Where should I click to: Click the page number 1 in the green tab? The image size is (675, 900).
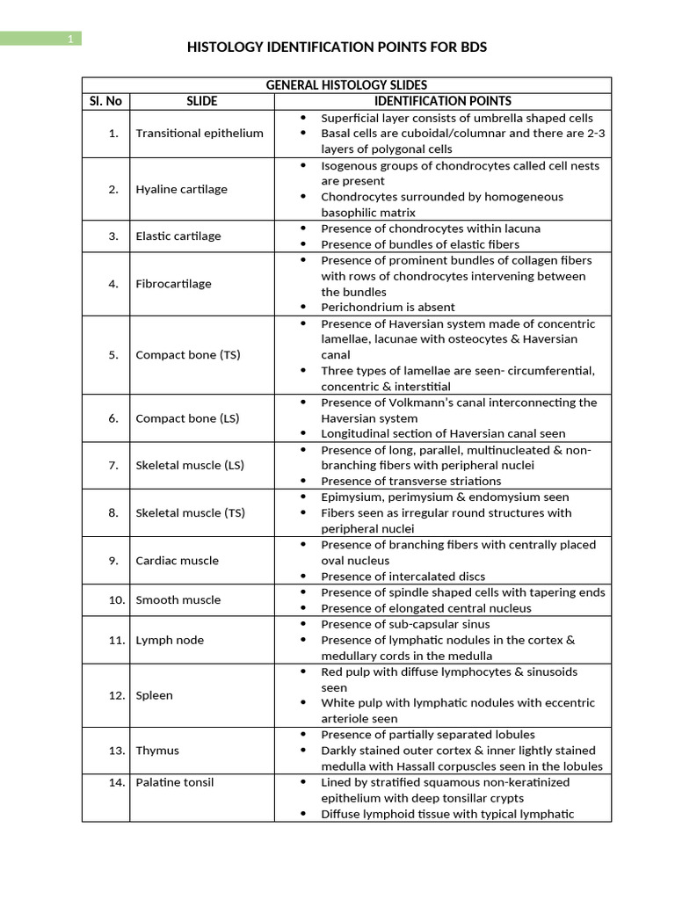click(x=69, y=39)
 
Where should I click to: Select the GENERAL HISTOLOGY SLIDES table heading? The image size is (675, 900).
click(x=346, y=85)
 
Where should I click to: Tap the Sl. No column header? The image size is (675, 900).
click(x=105, y=101)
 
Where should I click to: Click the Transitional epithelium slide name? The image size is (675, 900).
click(x=200, y=133)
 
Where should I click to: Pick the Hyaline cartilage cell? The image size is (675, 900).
click(x=181, y=189)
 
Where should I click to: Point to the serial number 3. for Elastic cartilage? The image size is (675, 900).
click(x=113, y=236)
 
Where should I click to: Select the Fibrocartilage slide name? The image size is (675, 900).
click(x=173, y=284)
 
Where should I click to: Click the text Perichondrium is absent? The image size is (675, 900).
click(x=388, y=307)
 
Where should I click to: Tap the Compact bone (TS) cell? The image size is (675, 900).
click(x=187, y=355)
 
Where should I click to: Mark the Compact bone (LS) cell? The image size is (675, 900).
click(x=187, y=418)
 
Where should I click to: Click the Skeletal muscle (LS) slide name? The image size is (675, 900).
click(x=190, y=465)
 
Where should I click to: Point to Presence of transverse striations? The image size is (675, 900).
click(x=410, y=481)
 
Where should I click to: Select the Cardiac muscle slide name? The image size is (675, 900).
click(x=177, y=560)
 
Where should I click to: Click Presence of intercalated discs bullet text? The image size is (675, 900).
click(x=403, y=577)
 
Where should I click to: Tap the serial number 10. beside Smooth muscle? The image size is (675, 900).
click(x=118, y=599)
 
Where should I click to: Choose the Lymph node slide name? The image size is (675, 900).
click(x=170, y=640)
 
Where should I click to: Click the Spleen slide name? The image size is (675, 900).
click(x=154, y=695)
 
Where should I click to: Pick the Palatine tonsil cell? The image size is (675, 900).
click(x=174, y=782)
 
